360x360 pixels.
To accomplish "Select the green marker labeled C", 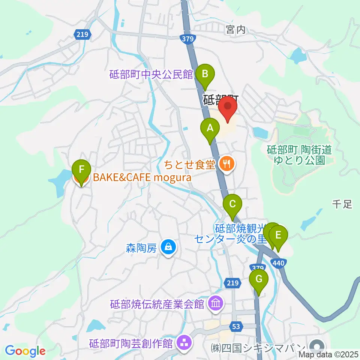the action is [x=232, y=204].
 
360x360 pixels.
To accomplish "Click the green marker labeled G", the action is [x=259, y=279].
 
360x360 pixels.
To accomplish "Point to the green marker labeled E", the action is [x=278, y=235].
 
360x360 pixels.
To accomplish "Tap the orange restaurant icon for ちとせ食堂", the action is [x=227, y=163].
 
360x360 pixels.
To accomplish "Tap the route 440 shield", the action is [x=278, y=263].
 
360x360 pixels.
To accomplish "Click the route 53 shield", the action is [x=235, y=327].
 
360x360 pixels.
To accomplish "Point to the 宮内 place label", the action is [x=236, y=30].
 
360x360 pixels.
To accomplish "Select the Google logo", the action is [x=25, y=351].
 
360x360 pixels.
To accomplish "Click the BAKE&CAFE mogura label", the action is [x=142, y=177].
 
